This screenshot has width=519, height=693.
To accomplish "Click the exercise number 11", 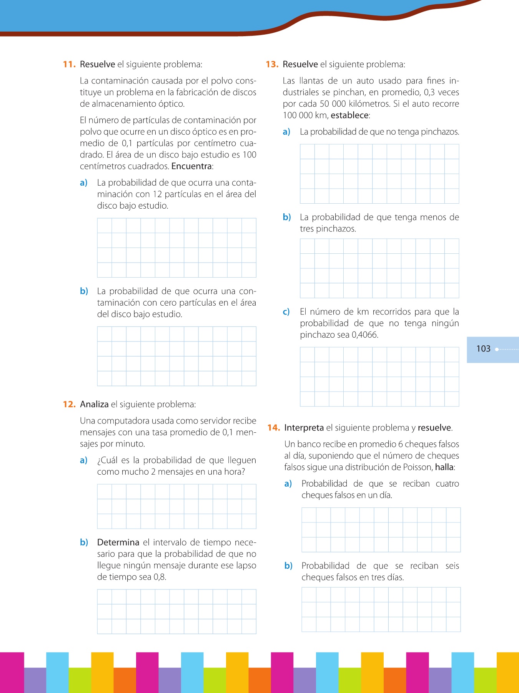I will click(69, 64).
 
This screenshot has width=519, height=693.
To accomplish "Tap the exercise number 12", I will click(69, 404).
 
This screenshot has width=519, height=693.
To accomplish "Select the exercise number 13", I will click(272, 64).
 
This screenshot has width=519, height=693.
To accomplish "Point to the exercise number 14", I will click(273, 428).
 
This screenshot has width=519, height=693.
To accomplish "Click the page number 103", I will click(483, 349).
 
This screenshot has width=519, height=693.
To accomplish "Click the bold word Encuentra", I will click(191, 166).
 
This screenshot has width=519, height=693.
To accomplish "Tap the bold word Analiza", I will click(94, 404).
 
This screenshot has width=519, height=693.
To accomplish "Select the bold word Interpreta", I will click(304, 428).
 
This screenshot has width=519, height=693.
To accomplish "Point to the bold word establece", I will click(349, 115).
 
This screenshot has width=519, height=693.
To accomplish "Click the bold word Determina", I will click(118, 542).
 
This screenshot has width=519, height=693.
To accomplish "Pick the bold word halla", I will click(444, 467).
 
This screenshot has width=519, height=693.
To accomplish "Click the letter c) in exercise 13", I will click(286, 312).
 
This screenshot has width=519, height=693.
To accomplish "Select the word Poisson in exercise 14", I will click(418, 467).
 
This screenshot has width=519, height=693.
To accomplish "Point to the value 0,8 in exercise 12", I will click(159, 577).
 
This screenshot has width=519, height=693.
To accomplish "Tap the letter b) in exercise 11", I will click(84, 291).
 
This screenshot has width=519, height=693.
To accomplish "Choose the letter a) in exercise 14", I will click(288, 484).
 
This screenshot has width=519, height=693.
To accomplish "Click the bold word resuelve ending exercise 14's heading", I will click(434, 428).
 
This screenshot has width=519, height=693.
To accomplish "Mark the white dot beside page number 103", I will click(497, 349).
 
